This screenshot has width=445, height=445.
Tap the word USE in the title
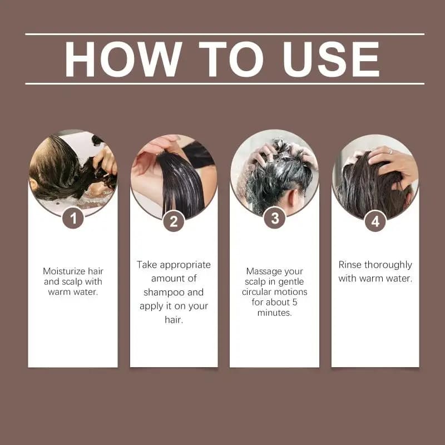(331, 59)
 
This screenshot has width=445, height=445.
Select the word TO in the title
(231, 59)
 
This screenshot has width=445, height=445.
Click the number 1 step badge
(73, 218)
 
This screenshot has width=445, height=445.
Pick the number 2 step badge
(174, 221)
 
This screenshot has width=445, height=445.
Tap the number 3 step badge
(274, 217)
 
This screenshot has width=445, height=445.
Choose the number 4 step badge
(375, 221)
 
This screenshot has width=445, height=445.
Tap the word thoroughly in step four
(388, 265)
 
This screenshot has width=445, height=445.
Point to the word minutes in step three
(274, 313)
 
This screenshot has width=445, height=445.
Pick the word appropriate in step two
(185, 265)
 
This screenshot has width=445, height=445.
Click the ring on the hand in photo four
(390, 151)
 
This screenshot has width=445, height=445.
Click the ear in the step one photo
(34, 185)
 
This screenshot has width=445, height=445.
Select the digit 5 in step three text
(295, 303)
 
